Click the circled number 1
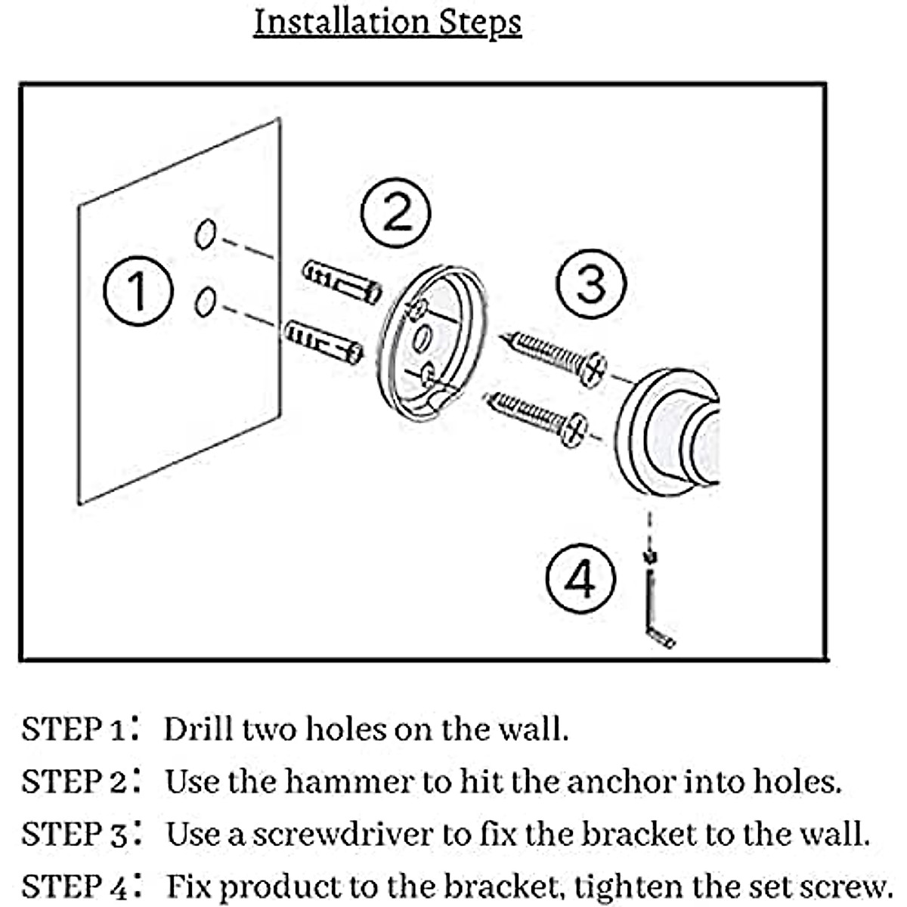[138, 292]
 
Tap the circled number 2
[396, 212]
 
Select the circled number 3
[591, 283]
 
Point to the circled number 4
[580, 580]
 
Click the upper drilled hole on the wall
[205, 234]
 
